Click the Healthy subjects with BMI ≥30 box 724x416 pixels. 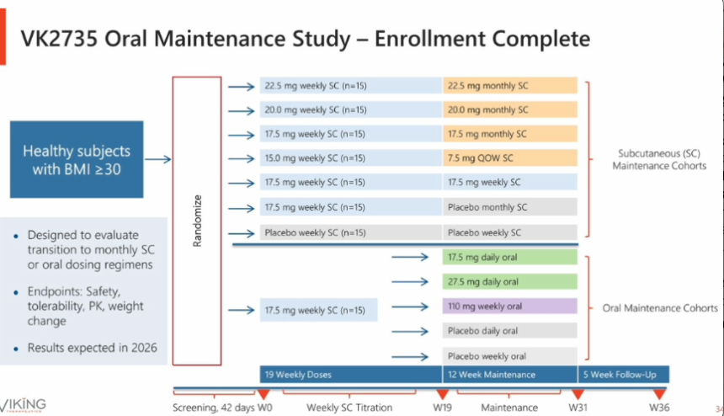click(x=77, y=159)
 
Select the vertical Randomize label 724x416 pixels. click(x=197, y=221)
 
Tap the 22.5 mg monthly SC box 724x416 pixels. click(x=510, y=85)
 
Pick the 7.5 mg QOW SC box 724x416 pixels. click(x=510, y=158)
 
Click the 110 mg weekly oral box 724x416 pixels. click(x=510, y=307)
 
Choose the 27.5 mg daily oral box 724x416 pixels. click(x=510, y=281)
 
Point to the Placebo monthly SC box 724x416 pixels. click(x=510, y=207)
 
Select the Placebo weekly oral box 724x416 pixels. click(x=510, y=356)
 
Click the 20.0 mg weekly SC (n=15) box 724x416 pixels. click(x=350, y=109)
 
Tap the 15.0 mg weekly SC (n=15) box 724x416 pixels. click(x=350, y=158)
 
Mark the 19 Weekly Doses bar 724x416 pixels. click(x=351, y=375)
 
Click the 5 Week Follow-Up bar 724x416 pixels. click(x=623, y=375)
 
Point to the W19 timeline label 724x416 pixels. click(x=442, y=408)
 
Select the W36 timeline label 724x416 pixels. click(x=659, y=408)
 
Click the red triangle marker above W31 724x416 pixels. click(x=578, y=394)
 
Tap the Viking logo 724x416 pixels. click(x=23, y=405)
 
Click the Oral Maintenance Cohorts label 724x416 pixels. click(x=660, y=308)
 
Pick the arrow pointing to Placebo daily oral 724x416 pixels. click(x=410, y=332)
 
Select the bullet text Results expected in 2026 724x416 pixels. click(x=93, y=348)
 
